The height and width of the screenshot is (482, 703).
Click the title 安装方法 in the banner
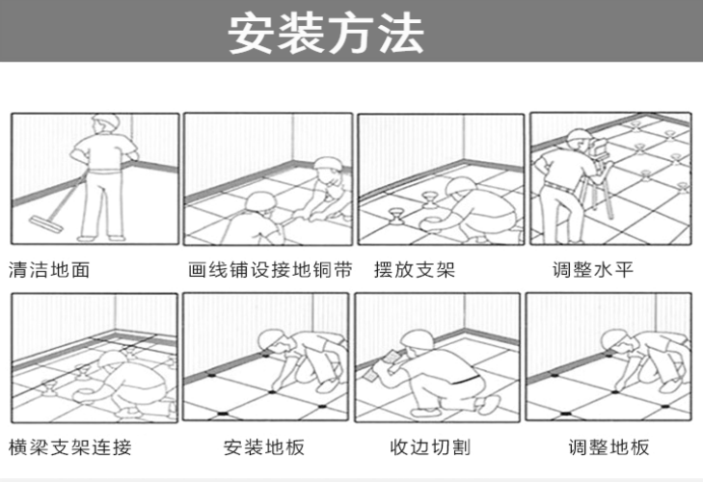325,34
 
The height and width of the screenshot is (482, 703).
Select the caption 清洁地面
49,271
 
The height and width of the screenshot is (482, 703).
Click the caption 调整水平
593,271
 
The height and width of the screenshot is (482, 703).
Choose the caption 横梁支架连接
69,447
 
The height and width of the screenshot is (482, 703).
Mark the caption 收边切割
429,447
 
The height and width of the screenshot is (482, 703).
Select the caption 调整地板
608,447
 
